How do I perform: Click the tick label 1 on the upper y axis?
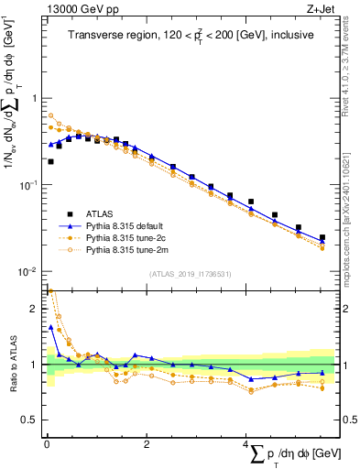click(35, 98)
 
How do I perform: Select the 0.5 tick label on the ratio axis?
click(29, 420)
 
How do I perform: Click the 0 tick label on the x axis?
click(47, 443)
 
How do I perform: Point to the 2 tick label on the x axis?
click(147, 443)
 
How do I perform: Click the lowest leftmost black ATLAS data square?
click(50, 161)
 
